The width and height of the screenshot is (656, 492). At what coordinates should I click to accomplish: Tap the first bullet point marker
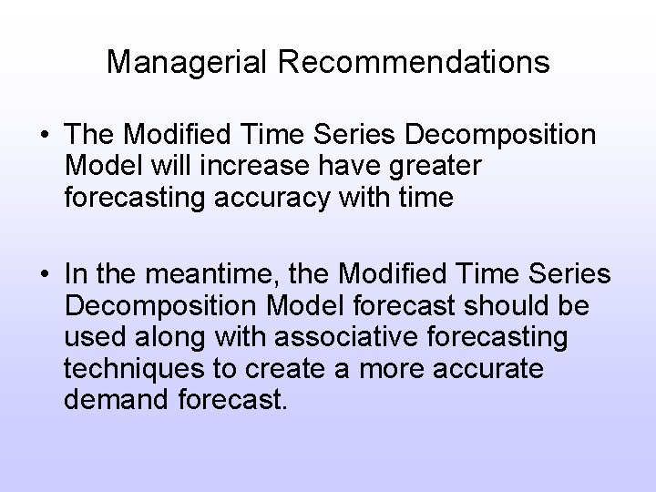[x=44, y=137]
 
